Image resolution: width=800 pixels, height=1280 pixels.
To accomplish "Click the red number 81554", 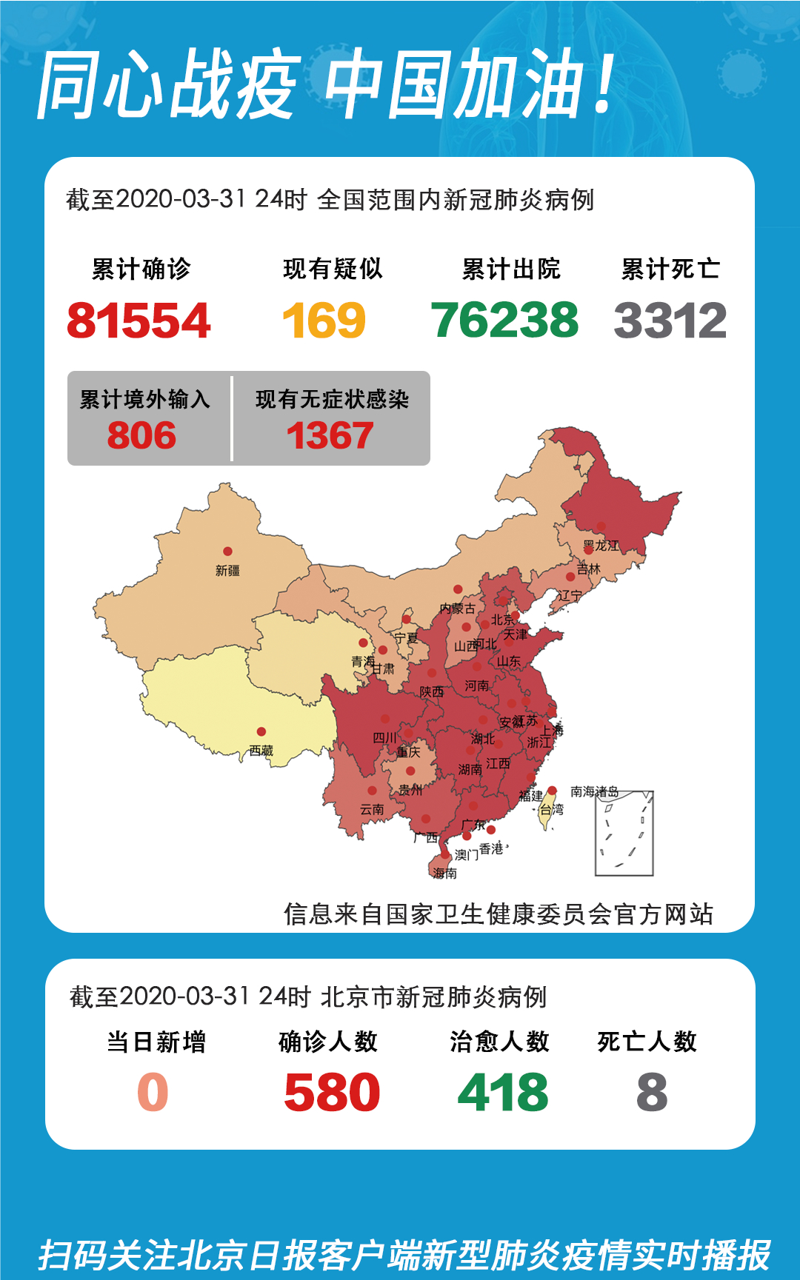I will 139,321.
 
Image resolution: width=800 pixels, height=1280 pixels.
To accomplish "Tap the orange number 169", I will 324,321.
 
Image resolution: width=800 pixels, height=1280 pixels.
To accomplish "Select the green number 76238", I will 504,321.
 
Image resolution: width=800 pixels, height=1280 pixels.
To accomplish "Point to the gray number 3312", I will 670,321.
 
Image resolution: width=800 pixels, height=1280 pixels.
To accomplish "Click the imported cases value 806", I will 141,435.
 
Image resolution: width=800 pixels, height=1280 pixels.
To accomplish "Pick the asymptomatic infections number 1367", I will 330,435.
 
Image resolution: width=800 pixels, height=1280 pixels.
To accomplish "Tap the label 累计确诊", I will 141,269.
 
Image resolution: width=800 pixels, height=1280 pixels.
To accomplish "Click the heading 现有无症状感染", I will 332,400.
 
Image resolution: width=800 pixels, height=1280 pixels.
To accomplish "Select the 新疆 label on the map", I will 227,571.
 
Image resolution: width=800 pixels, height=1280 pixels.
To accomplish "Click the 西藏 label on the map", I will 261,751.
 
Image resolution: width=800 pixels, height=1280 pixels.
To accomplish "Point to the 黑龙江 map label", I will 601,546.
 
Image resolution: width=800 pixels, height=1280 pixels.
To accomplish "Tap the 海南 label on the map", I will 444,874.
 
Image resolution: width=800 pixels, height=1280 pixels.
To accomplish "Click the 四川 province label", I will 384,738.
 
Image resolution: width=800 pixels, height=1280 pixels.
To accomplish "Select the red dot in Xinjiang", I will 227,552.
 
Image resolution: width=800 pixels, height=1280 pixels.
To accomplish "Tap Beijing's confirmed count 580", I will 332,1093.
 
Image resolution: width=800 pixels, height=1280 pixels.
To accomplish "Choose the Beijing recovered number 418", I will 503,1093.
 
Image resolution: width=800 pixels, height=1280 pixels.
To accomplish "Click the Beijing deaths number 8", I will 652,1093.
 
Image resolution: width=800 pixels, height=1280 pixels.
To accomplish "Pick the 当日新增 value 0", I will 153,1093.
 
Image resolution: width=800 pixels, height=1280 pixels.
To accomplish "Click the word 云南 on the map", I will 372,810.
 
